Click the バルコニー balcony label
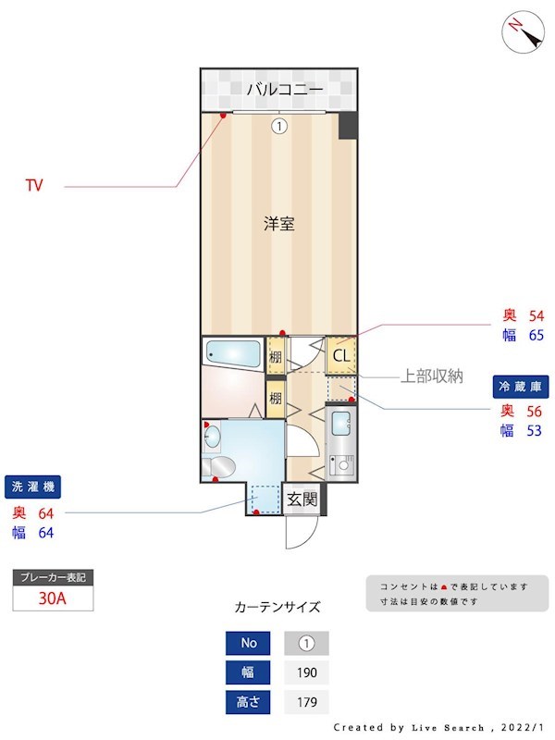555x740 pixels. tap(284, 90)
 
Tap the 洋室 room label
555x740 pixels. tap(278, 223)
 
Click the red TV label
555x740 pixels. tap(34, 186)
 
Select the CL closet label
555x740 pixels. tap(340, 355)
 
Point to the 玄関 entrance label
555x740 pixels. tap(301, 500)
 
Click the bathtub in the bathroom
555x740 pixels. tap(233, 352)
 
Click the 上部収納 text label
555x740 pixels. tap(431, 376)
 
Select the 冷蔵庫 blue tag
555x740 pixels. tap(521, 387)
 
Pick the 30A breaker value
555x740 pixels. tap(53, 598)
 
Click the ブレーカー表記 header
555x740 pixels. tap(53, 577)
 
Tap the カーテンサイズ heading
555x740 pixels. tap(277, 608)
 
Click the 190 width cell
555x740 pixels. tap(306, 672)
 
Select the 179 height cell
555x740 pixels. tap(306, 702)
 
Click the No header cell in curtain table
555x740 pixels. tap(249, 643)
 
